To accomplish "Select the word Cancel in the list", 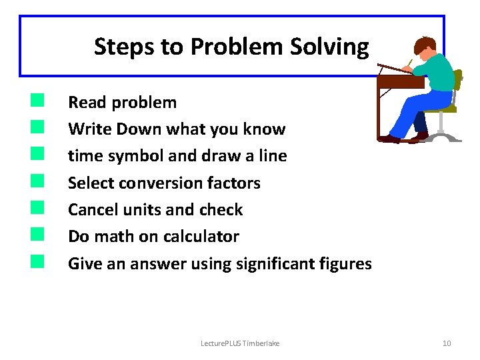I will point(93,209).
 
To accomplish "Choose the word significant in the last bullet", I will point(277,263).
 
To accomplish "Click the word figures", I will point(345,263).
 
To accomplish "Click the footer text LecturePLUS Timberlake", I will point(240,343).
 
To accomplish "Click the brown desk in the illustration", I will point(400,82).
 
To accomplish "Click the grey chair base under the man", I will point(443,137).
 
